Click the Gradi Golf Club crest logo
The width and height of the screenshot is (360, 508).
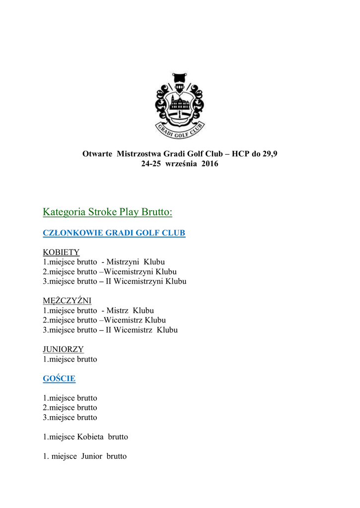(x=180, y=106)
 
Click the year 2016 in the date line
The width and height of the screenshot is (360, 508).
(x=210, y=164)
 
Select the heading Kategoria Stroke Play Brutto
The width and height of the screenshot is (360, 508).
(x=107, y=212)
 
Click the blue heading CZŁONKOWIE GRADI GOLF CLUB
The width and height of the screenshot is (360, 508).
(x=114, y=233)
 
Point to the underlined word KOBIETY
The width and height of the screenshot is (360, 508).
(x=61, y=252)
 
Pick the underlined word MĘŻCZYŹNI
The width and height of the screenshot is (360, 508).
(x=67, y=301)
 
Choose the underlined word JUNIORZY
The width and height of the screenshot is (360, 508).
(x=64, y=349)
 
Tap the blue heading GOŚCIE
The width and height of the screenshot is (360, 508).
(x=59, y=379)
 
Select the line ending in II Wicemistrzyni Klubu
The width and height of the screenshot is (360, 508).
(x=115, y=281)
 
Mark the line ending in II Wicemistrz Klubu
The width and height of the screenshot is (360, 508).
(x=110, y=330)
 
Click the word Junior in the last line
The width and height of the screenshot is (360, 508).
(x=91, y=456)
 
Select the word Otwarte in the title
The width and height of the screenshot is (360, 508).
(x=97, y=154)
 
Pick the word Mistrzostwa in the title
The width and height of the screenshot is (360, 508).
(x=139, y=154)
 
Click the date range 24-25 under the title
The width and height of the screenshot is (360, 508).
(x=152, y=164)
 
